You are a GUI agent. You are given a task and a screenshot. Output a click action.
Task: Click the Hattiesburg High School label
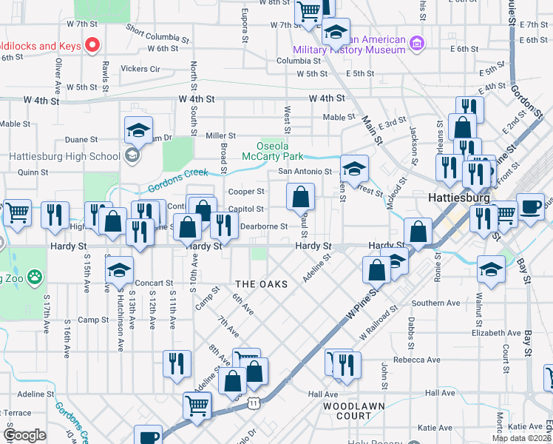click(x=61, y=156)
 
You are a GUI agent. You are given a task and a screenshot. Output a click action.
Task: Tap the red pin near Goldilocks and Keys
click(x=93, y=45)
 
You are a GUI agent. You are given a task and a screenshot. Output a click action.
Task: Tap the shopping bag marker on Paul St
click(x=301, y=198)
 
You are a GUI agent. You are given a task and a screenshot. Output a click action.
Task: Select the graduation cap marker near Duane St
click(x=138, y=131)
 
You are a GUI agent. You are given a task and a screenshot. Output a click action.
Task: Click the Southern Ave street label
click(x=438, y=303)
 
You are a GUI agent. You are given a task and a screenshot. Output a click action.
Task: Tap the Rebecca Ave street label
click(x=417, y=360)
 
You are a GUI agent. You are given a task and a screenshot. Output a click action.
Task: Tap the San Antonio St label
click(x=305, y=172)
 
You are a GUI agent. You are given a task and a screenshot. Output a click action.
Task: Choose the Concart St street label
click(x=155, y=283)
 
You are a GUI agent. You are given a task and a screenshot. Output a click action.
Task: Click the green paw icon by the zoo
click(x=34, y=277)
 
